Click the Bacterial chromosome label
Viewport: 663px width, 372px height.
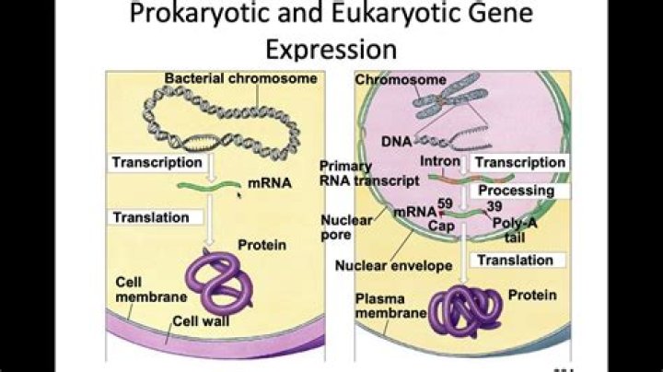241,79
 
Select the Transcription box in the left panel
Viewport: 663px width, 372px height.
157,163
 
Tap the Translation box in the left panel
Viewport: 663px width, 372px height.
150,218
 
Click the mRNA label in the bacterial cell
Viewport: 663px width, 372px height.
270,183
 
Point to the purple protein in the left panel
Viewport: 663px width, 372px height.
226,282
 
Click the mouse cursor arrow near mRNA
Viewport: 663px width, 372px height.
240,194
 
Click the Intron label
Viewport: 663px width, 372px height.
441,162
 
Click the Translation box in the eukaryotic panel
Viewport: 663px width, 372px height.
512,261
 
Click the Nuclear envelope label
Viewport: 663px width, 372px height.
394,266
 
